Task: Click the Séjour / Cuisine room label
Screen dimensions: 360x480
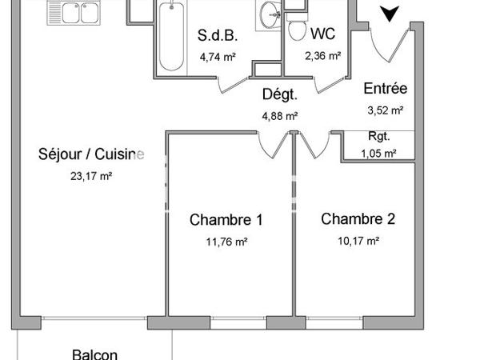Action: click(x=91, y=155)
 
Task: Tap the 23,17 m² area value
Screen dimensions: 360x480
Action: click(x=91, y=176)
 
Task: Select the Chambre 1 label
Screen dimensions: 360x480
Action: click(x=226, y=220)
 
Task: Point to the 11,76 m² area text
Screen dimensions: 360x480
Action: click(x=226, y=240)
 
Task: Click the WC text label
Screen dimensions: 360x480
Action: click(x=323, y=34)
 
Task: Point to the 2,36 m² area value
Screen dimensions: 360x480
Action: click(x=323, y=56)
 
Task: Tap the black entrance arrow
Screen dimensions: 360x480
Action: click(x=390, y=14)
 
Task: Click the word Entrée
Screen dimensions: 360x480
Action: click(x=386, y=89)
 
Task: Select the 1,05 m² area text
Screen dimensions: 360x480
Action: click(x=379, y=153)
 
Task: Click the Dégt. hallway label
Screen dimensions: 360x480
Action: click(x=280, y=95)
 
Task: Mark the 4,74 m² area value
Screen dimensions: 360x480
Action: click(x=218, y=56)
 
